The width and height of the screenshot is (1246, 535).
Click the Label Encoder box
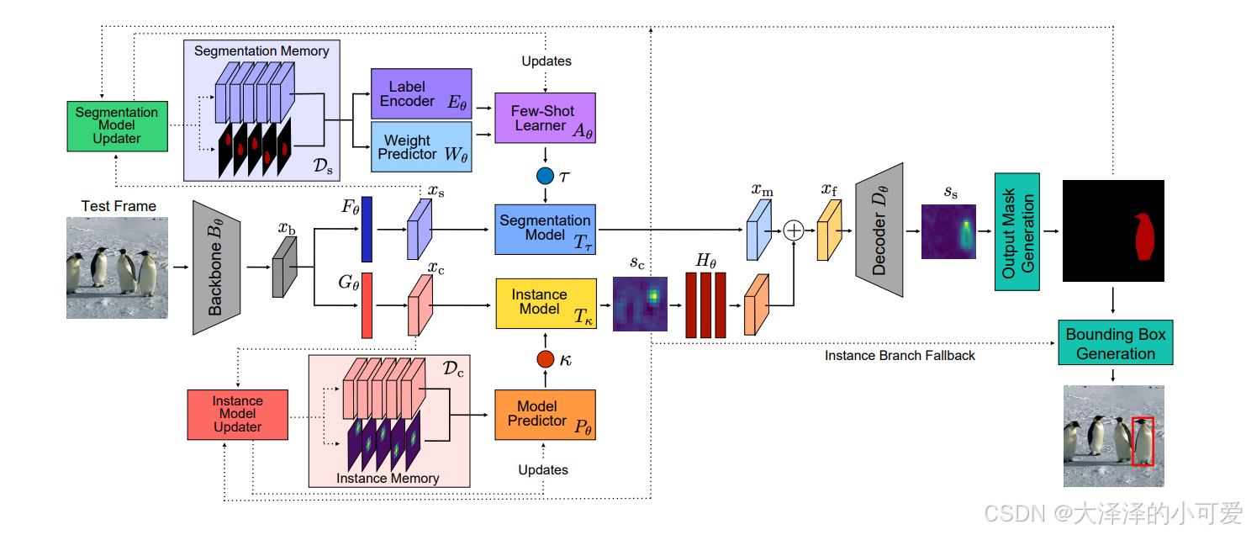tap(421, 93)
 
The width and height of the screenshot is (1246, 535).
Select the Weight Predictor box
tap(421, 147)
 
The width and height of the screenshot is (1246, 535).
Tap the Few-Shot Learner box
tap(545, 118)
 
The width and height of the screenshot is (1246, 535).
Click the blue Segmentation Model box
tap(545, 230)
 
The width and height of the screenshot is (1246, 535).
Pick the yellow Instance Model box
tap(546, 304)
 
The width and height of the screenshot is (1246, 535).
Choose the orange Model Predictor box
tap(545, 415)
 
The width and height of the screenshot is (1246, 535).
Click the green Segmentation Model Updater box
tap(118, 126)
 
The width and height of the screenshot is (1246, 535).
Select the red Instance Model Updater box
tap(238, 415)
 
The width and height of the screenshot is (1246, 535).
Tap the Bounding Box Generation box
tap(1116, 342)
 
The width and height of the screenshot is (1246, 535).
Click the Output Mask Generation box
tap(1016, 231)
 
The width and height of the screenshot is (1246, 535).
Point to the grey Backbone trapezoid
tap(216, 267)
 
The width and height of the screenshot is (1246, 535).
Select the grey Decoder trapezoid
tap(879, 230)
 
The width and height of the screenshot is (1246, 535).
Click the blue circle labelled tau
tap(545, 176)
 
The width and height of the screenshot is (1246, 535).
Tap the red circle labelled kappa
tap(545, 359)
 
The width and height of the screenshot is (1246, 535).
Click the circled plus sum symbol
tap(794, 230)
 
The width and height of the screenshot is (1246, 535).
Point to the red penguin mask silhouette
tap(1144, 236)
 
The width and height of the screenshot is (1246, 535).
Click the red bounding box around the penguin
tap(1143, 441)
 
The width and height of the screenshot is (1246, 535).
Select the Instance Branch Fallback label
tap(900, 355)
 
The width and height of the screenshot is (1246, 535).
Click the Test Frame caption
tap(119, 206)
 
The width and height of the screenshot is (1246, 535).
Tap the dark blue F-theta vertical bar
tap(367, 229)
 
